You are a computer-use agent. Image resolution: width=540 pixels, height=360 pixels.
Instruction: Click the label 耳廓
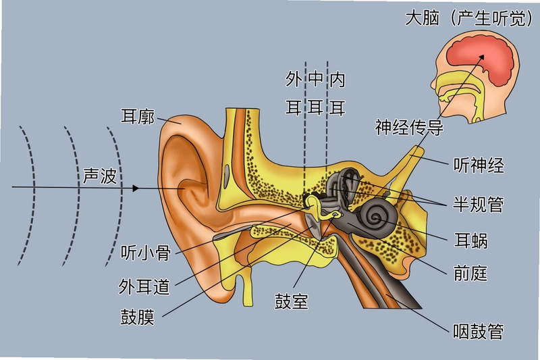[138, 116]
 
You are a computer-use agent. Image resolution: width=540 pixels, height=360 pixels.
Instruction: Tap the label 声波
[100, 176]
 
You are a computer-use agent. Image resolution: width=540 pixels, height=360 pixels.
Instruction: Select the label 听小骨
[146, 253]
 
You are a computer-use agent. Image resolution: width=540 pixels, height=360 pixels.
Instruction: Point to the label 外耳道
[144, 286]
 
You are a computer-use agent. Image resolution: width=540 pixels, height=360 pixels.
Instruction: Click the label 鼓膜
[137, 317]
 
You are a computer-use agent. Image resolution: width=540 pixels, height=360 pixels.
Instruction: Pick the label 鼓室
[292, 301]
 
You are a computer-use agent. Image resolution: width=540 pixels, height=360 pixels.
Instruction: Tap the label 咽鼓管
[479, 332]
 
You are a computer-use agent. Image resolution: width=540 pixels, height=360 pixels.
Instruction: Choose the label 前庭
[470, 274]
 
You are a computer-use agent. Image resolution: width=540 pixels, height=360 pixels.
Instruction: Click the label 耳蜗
[470, 240]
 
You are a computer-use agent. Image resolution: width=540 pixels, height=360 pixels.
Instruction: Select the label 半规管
[479, 204]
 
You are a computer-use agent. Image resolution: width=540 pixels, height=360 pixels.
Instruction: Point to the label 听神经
[479, 165]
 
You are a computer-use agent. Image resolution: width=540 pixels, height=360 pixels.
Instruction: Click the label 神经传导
[409, 127]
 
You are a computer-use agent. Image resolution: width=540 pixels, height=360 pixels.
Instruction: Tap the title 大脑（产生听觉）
[470, 18]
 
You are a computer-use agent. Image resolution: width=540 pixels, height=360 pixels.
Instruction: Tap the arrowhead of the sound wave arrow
[136, 188]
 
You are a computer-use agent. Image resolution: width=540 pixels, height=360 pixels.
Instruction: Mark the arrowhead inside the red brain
[481, 57]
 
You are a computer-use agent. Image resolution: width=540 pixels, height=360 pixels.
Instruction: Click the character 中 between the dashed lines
[315, 79]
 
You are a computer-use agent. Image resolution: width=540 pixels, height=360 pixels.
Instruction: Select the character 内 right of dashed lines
[337, 80]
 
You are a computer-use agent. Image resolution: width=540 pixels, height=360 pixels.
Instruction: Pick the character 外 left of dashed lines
[294, 79]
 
